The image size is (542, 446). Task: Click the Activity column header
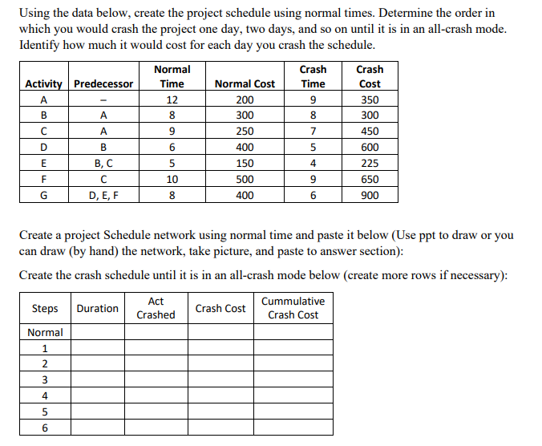[47, 84]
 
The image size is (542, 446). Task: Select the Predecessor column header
[103, 84]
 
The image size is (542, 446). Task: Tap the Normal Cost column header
[245, 84]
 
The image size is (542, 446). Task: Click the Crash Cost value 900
[370, 195]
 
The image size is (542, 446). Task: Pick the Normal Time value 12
[172, 100]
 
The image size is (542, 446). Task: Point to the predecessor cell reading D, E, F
[103, 195]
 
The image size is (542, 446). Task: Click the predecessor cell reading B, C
[103, 164]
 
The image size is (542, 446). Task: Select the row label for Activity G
[45, 195]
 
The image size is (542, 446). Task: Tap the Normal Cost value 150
[245, 164]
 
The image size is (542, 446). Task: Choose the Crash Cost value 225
[370, 164]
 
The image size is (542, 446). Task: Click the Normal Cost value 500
[245, 180]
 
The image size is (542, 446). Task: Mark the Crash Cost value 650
[370, 180]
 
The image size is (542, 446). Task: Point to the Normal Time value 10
[172, 180]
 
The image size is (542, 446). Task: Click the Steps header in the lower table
[45, 308]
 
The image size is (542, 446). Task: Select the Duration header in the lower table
[97, 308]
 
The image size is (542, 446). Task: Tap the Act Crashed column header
[156, 308]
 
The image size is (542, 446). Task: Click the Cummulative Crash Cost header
[293, 308]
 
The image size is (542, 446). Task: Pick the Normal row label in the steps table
[45, 332]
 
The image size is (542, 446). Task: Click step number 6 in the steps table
[45, 428]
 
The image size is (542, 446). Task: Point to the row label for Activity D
[45, 148]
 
